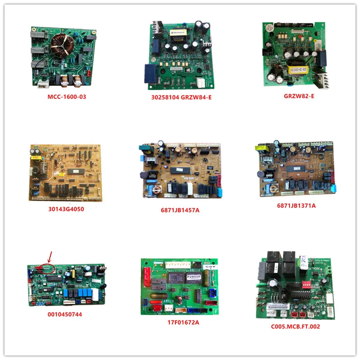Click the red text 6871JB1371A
[x=296, y=206]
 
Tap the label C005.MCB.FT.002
[x=297, y=326]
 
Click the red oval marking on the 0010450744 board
[x=47, y=268]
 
